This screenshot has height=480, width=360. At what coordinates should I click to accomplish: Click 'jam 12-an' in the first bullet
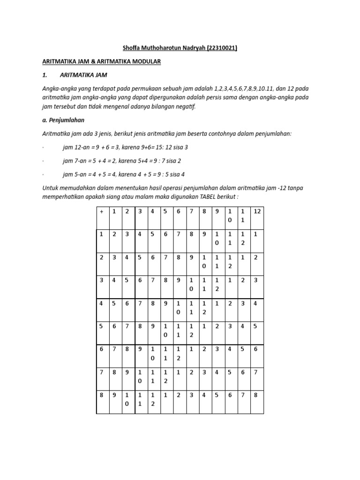74,147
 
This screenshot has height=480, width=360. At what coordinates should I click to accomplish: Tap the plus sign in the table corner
102,211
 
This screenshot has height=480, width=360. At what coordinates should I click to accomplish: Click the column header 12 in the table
256,211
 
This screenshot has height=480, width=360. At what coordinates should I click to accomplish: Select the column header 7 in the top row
191,211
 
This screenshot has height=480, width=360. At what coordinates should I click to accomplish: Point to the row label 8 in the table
101,395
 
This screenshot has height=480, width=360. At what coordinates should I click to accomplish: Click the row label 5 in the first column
101,326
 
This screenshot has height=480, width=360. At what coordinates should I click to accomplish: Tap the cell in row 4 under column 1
114,303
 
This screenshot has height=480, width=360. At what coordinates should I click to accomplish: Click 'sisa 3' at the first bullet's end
180,147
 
